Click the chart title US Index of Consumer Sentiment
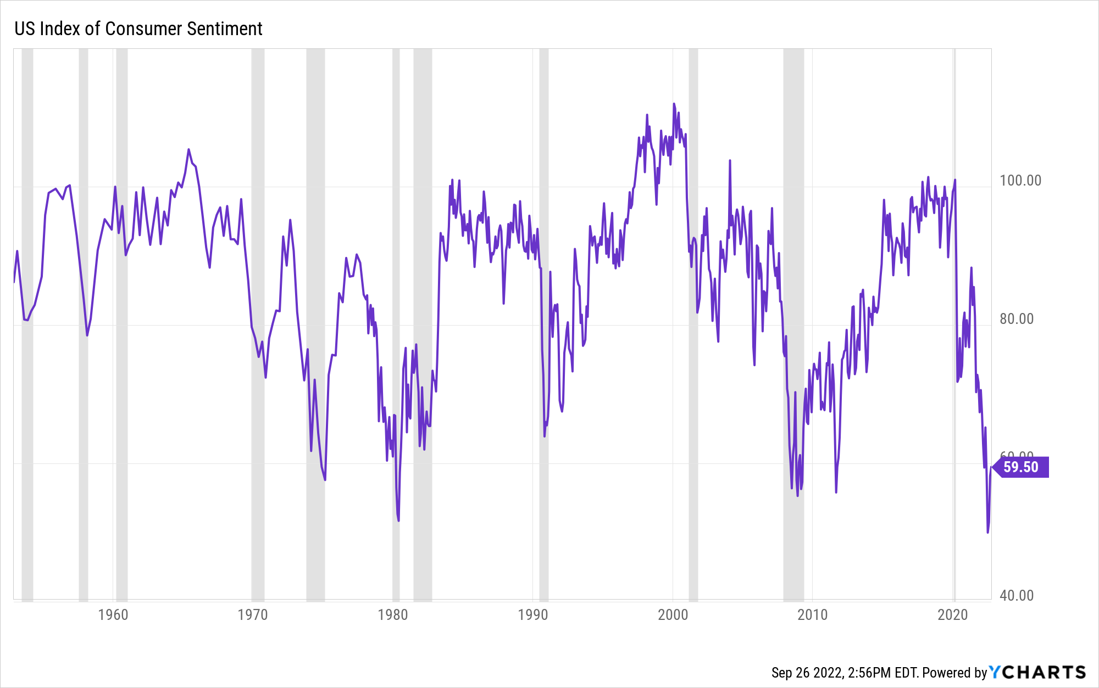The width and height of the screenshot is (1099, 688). (x=138, y=29)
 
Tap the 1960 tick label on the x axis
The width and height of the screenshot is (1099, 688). (x=113, y=614)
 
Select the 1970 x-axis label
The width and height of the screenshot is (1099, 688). (x=253, y=614)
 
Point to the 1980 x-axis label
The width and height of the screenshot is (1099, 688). (x=393, y=614)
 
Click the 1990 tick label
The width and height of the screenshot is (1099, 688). (x=533, y=614)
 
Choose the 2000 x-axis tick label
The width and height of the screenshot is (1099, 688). (x=673, y=614)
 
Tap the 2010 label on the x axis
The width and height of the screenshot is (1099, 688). (x=813, y=614)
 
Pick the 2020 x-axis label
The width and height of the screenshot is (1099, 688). (x=952, y=614)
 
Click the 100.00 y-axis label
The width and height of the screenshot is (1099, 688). (x=1020, y=181)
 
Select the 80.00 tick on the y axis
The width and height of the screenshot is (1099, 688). (x=1017, y=319)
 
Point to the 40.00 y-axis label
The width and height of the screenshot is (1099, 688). (x=1017, y=596)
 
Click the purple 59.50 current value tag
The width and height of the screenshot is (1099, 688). (x=1021, y=467)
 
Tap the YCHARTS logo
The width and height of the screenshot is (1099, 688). (x=1037, y=672)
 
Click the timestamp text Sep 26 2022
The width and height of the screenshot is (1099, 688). (x=807, y=673)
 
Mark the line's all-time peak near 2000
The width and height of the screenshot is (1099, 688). (x=674, y=104)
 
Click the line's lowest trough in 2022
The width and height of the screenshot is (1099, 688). (x=987, y=532)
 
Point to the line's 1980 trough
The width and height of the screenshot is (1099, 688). (x=398, y=521)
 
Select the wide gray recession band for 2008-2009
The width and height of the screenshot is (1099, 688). (x=793, y=324)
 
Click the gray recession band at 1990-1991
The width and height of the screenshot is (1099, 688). (x=543, y=324)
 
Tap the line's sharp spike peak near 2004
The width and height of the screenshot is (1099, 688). (x=730, y=160)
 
